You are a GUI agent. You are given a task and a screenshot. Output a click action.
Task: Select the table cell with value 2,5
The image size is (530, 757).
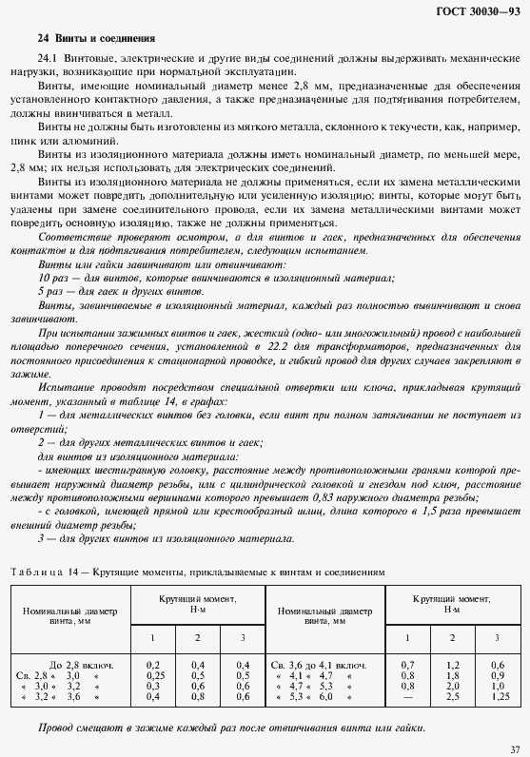tap(452, 694)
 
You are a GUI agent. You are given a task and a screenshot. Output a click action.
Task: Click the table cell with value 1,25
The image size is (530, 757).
tap(496, 694)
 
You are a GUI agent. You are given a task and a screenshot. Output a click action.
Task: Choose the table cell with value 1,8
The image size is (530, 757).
tap(452, 671)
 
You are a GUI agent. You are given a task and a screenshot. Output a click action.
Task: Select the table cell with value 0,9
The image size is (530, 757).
tap(496, 671)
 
